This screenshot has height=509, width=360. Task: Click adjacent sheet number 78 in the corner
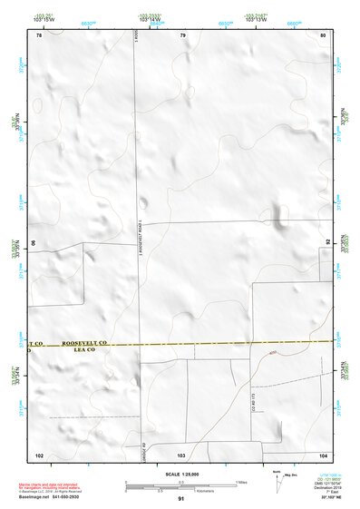[x=39, y=35]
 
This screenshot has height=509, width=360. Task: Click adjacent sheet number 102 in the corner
[x=39, y=453]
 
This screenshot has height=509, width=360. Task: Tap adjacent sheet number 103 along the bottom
[x=180, y=453]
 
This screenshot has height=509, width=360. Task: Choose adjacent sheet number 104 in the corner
[x=322, y=453]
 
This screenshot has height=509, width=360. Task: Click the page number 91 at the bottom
[x=181, y=500]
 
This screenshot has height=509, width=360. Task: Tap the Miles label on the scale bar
[x=240, y=482]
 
